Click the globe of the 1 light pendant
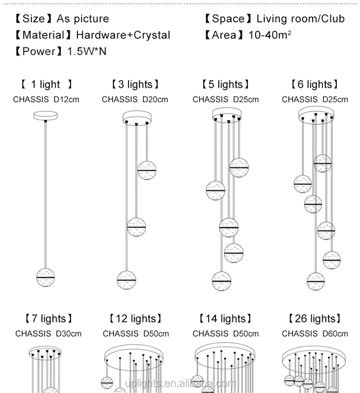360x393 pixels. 45,278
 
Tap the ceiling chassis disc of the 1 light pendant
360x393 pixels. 46,115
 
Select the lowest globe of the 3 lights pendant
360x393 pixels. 127,280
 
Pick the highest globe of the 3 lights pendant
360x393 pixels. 147,170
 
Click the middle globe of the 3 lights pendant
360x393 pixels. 136,227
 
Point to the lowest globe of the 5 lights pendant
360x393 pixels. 222,281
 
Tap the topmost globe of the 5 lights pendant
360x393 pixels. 239,168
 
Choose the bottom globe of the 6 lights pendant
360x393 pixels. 316,281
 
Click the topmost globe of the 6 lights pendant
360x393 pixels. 323,163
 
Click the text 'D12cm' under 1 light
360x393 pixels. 66,99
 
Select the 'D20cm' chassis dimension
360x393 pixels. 155,99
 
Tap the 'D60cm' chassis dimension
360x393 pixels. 335,334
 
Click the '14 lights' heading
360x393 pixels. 225,319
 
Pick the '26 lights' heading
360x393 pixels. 315,319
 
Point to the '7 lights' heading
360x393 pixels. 48,319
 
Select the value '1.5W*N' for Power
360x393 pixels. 87,51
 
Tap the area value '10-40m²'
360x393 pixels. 270,35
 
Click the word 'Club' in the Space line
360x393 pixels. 333,19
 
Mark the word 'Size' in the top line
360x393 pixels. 33,19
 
